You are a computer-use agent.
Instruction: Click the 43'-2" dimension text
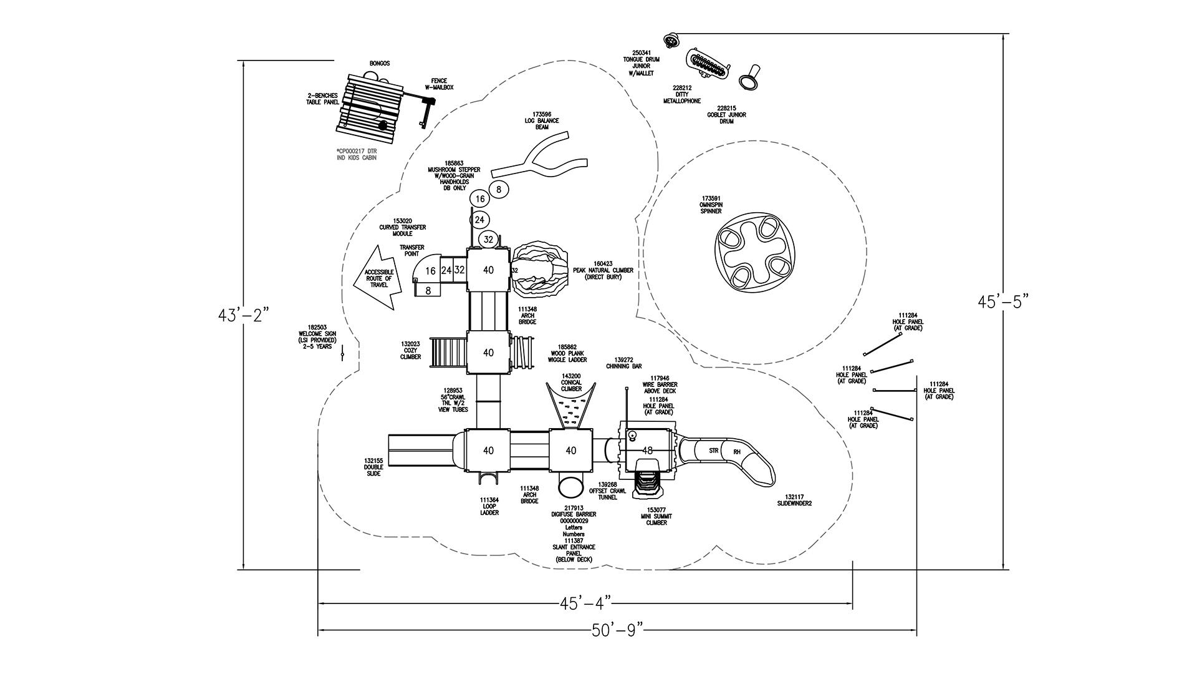point(244,315)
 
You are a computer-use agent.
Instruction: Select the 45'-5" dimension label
point(1002,301)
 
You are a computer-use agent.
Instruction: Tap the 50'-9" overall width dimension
point(617,630)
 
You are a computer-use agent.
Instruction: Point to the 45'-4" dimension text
point(585,603)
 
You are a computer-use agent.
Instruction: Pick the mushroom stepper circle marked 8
point(499,188)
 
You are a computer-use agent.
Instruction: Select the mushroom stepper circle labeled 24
point(479,220)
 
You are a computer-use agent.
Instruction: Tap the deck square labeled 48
point(647,450)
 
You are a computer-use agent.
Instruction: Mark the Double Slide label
point(373,467)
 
